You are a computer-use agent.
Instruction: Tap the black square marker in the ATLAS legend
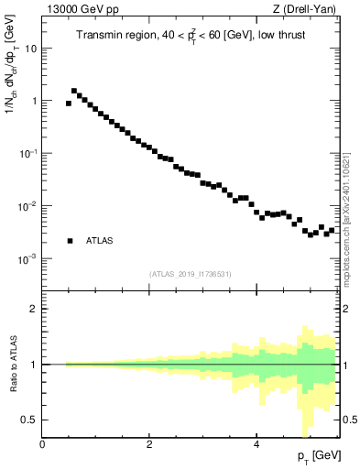point(70,241)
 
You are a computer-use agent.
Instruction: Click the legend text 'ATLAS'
point(100,241)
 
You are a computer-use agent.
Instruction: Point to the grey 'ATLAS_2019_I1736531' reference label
point(191,274)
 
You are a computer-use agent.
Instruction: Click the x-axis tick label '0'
point(42,444)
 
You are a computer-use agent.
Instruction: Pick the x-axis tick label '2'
point(148,444)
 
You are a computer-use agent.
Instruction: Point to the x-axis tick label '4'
point(256,444)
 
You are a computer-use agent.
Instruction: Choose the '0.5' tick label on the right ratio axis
point(349,420)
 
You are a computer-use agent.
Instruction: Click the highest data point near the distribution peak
point(74,91)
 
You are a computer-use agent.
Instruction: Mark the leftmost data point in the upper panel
point(69,104)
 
